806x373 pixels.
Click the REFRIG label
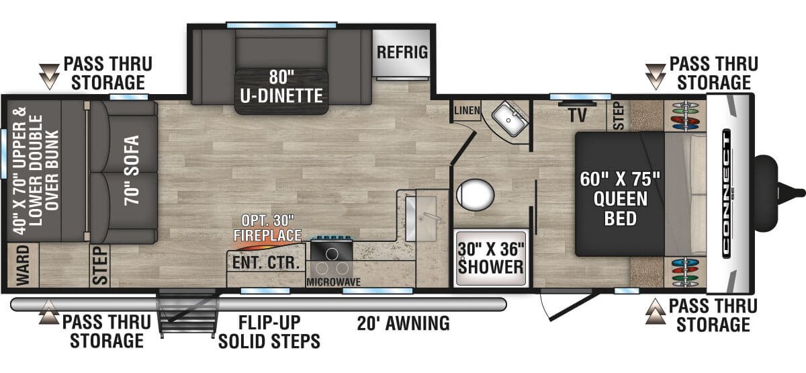click(402, 52)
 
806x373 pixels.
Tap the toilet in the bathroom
click(475, 195)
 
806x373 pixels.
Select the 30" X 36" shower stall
click(491, 258)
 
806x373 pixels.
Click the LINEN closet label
click(467, 110)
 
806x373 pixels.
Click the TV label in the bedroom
click(578, 115)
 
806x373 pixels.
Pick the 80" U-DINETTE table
click(281, 91)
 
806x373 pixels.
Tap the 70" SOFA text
click(132, 170)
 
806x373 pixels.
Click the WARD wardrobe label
click(23, 265)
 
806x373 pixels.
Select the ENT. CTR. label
click(266, 263)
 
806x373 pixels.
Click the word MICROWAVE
click(333, 282)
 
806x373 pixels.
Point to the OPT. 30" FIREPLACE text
click(267, 228)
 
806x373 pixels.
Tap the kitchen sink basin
click(420, 218)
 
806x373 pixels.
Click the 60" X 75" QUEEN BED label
click(621, 199)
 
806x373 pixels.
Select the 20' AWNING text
click(404, 323)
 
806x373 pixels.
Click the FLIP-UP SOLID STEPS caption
click(269, 331)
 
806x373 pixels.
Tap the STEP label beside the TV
click(618, 116)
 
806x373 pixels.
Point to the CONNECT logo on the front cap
click(727, 194)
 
